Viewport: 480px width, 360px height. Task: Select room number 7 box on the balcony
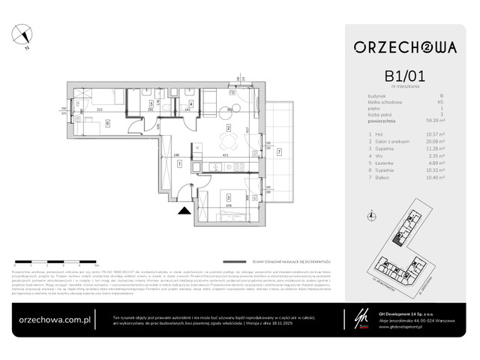280,152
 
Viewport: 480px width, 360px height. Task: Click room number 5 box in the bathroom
152,104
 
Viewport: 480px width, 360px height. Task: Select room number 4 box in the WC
190,104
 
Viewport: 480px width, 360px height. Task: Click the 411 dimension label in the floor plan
226,157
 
